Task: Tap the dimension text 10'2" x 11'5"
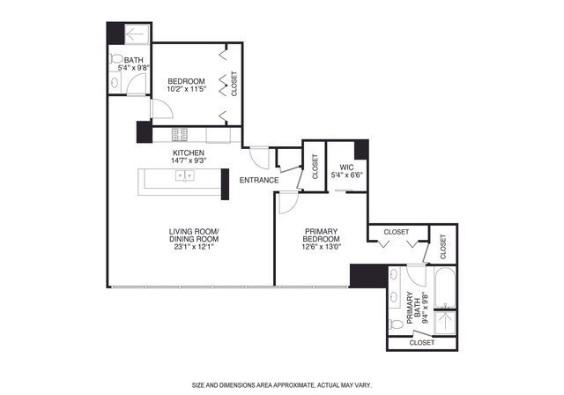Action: [x=186, y=89]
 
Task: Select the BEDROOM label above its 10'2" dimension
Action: [x=186, y=80]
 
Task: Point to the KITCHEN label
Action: [x=189, y=153]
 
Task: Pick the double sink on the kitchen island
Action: [x=185, y=175]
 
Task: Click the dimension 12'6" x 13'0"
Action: [x=322, y=246]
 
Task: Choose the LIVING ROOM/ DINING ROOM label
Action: [x=194, y=236]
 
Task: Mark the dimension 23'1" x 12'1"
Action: [x=194, y=247]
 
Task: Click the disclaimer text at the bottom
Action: [x=281, y=385]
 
